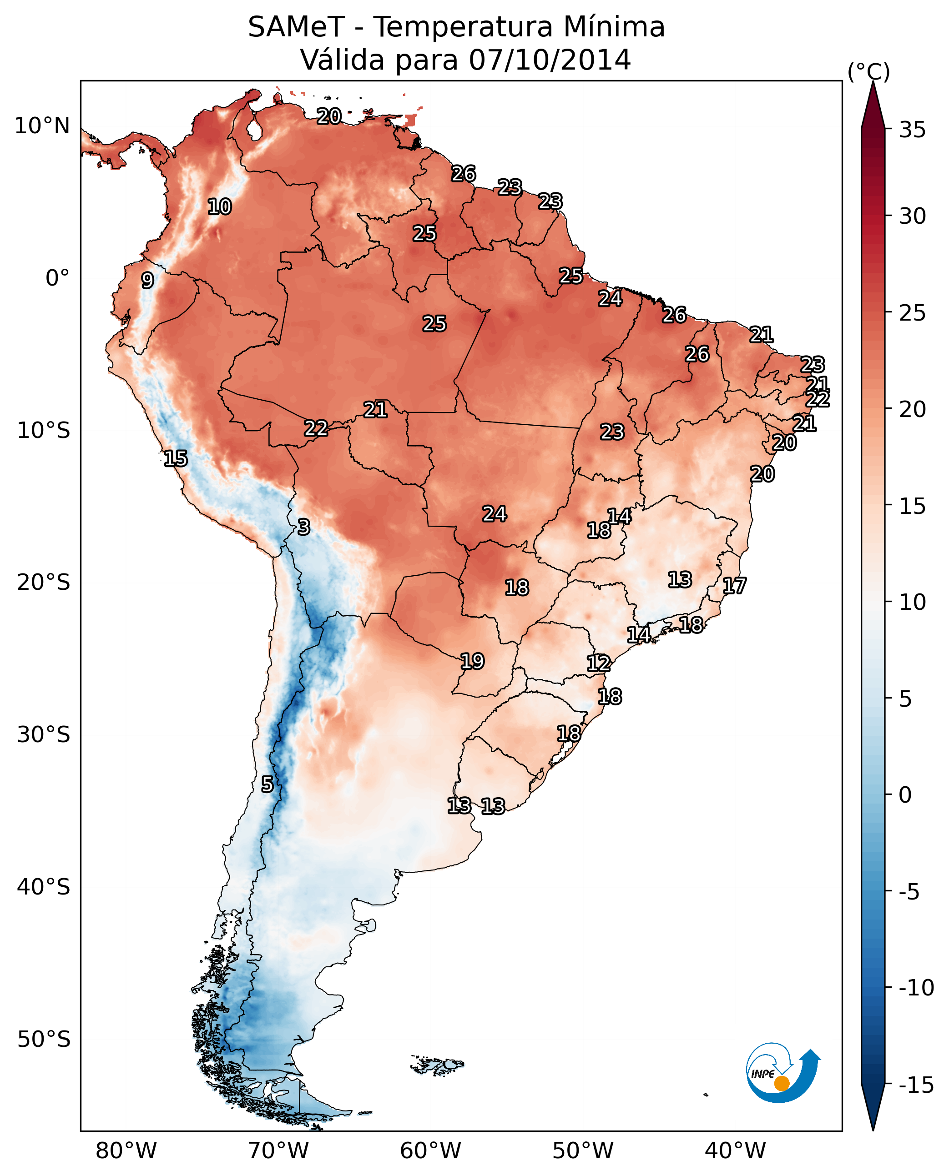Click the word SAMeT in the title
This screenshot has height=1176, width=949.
pyautogui.click(x=296, y=27)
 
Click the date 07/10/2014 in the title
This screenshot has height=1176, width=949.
pyautogui.click(x=550, y=60)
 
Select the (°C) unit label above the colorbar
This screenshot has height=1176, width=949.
pyautogui.click(x=868, y=71)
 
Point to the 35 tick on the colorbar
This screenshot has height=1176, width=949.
pyautogui.click(x=912, y=130)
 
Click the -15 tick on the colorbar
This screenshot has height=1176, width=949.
pyautogui.click(x=916, y=1086)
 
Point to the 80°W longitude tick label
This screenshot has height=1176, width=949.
pyautogui.click(x=126, y=1151)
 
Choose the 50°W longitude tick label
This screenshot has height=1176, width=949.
pyautogui.click(x=583, y=1151)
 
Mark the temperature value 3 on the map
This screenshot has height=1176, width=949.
pyautogui.click(x=304, y=527)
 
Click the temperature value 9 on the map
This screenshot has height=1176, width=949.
pyautogui.click(x=147, y=280)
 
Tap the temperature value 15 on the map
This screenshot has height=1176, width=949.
pyautogui.click(x=176, y=458)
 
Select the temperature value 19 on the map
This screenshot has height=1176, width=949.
pyautogui.click(x=472, y=661)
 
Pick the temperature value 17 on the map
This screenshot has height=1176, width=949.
pyautogui.click(x=734, y=586)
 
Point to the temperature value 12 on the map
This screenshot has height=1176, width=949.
pyautogui.click(x=599, y=663)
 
